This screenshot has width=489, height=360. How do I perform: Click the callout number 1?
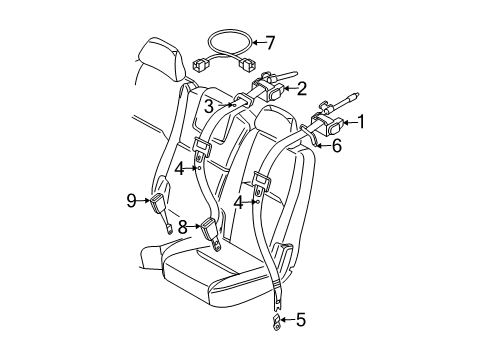[362, 123]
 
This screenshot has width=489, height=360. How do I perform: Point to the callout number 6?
[336, 146]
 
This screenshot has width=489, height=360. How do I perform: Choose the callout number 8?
[184, 228]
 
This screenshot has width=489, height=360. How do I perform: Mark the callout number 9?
[131, 200]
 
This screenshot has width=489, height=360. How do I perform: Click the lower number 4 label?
[238, 201]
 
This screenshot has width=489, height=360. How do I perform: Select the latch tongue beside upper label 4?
[200, 149]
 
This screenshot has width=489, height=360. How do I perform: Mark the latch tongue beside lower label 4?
[261, 184]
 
